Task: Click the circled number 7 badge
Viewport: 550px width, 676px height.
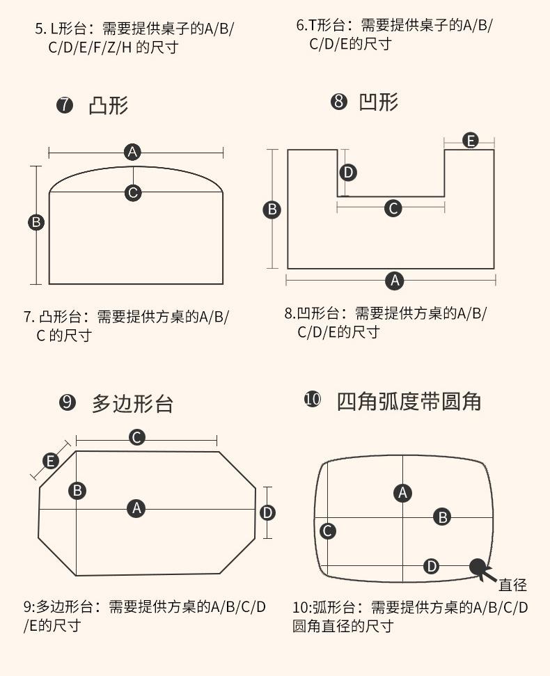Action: (x=64, y=106)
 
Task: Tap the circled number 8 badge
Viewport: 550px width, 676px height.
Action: (x=339, y=102)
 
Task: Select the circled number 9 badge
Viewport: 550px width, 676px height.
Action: (x=67, y=402)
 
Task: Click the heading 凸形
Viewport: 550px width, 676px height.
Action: (x=109, y=106)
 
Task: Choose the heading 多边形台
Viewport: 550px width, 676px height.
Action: (x=132, y=403)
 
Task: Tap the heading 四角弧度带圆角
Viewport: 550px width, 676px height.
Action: (x=409, y=401)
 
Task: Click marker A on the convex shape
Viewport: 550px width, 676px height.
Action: (x=132, y=152)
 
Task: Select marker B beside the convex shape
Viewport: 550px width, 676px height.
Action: (x=36, y=223)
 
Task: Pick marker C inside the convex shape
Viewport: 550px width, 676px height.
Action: (x=133, y=193)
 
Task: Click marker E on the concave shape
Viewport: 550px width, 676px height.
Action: (x=471, y=141)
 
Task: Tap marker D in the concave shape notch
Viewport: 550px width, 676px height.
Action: (x=348, y=172)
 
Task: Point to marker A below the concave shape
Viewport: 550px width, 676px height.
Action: (x=395, y=281)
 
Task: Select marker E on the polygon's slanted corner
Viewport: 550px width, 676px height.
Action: (x=50, y=461)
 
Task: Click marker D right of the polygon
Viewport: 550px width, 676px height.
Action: (x=267, y=513)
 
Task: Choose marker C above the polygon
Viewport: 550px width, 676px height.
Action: (x=137, y=437)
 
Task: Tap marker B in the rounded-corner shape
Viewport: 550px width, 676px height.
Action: (x=442, y=517)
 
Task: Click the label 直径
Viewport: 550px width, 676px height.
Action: (x=512, y=585)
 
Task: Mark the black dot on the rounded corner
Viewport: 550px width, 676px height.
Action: (x=478, y=567)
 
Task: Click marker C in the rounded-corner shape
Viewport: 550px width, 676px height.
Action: (x=327, y=531)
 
